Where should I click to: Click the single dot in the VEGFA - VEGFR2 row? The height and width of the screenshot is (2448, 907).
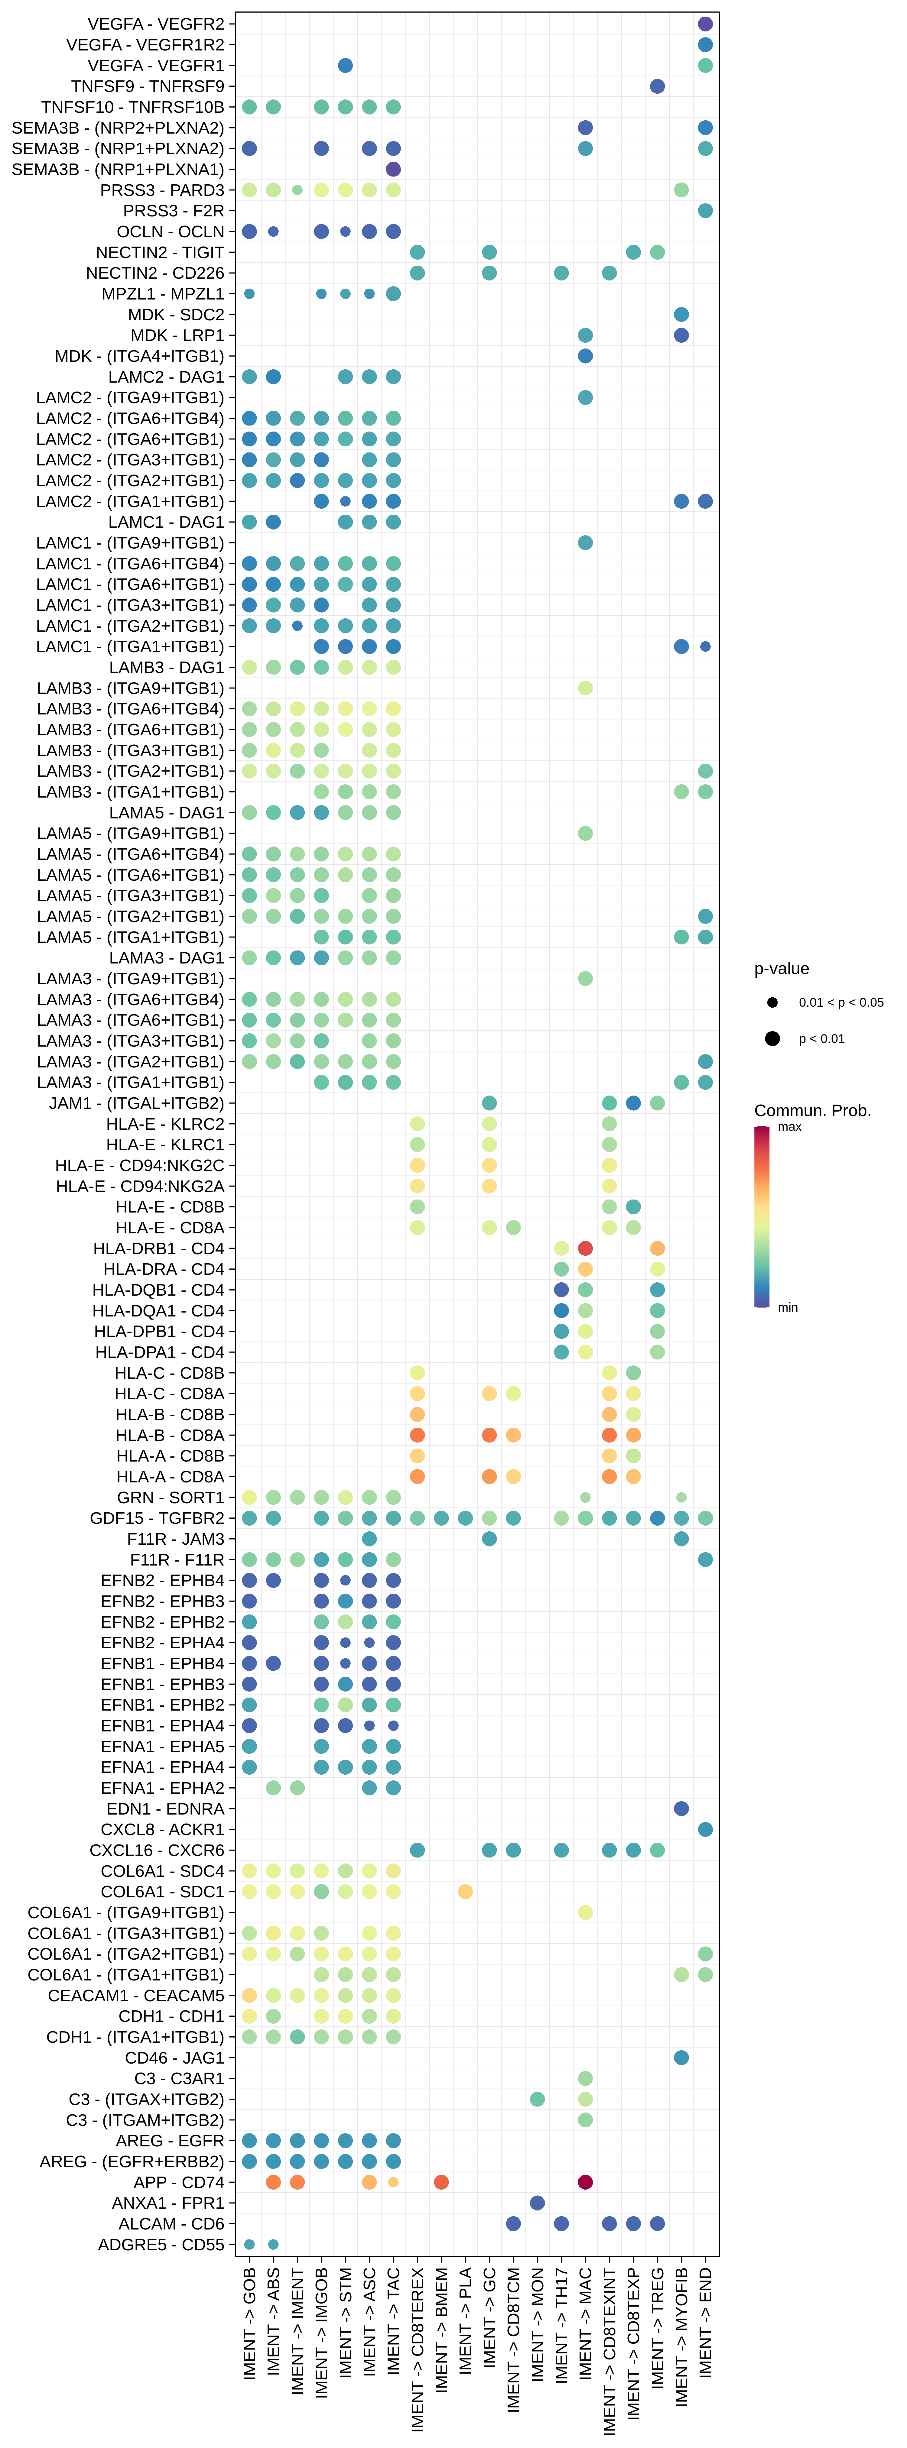click(704, 24)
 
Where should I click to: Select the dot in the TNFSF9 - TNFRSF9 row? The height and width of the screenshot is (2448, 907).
click(657, 86)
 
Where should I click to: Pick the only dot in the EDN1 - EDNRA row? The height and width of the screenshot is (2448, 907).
click(681, 1808)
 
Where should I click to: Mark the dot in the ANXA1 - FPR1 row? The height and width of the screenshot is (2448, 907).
click(537, 2203)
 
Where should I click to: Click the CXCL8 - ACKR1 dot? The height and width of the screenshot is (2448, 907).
click(704, 1829)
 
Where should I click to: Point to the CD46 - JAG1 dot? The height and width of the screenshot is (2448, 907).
click(681, 2058)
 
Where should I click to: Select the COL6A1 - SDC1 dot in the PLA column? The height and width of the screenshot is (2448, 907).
click(465, 1891)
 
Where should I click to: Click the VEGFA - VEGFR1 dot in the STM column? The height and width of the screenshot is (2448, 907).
click(345, 66)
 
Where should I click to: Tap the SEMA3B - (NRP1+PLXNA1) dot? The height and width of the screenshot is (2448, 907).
click(393, 169)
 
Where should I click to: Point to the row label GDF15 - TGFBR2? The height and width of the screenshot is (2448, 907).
click(157, 1519)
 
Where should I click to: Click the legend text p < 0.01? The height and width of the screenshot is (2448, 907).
click(821, 1039)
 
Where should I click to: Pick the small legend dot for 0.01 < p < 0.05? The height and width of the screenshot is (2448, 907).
click(772, 1002)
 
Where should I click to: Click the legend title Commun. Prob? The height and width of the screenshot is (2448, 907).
click(812, 1111)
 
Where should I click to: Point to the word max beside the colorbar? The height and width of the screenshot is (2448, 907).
click(789, 1127)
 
